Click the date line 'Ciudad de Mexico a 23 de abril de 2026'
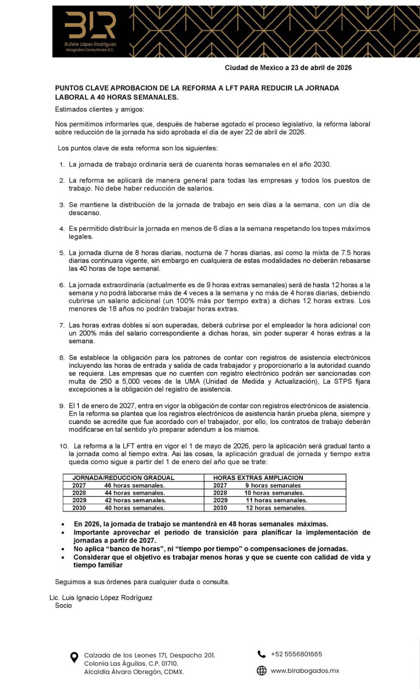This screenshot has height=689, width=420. click(288, 68)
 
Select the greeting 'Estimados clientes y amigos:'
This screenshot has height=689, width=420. click(100, 109)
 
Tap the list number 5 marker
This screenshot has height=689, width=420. click(62, 253)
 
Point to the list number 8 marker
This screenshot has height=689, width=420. click(62, 358)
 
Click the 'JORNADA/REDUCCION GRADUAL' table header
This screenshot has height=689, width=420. click(123, 478)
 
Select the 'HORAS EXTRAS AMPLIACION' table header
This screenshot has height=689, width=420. click(258, 478)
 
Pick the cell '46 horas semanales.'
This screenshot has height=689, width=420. click(134, 485)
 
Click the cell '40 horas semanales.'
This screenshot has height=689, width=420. click(134, 508)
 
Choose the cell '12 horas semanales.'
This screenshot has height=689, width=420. click(276, 508)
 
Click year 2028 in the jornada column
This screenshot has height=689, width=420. click(79, 493)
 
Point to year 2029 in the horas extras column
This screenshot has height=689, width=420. click(220, 500)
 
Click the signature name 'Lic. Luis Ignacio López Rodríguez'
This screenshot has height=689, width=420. click(101, 598)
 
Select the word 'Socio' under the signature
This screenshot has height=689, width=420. click(63, 605)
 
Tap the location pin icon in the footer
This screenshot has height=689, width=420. click(74, 657)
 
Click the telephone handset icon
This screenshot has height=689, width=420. click(261, 654)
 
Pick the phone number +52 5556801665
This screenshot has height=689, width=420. click(296, 654)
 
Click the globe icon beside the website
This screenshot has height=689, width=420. click(261, 670)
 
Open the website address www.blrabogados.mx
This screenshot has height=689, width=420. click(305, 670)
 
